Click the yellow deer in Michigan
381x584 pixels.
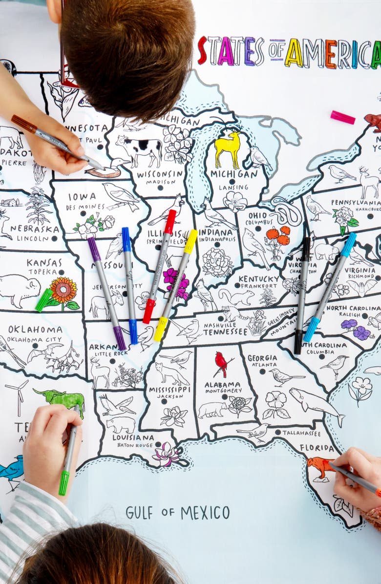tap(228, 146)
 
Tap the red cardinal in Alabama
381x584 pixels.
tap(222, 364)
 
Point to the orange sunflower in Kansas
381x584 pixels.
tap(63, 291)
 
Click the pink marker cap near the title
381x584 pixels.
tap(342, 117)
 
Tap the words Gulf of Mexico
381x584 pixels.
tap(177, 512)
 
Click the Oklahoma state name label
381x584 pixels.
tap(35, 329)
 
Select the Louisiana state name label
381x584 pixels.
tap(133, 437)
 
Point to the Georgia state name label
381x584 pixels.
tap(262, 358)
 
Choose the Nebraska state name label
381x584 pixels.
tap(35, 228)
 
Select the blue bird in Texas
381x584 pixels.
tap(11, 471)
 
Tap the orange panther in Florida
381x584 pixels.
tap(320, 466)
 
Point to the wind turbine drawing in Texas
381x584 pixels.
tap(18, 395)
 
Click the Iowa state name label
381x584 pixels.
tap(82, 196)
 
